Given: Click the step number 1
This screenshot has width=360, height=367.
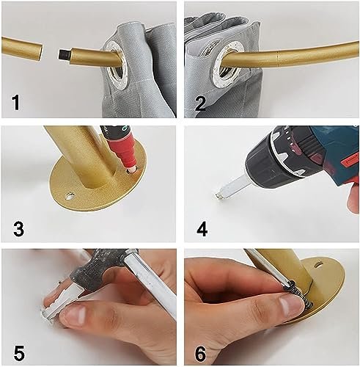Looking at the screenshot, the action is point(16,103).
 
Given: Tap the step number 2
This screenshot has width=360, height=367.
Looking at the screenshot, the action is point(200,103).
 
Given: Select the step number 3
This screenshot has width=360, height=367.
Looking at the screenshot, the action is point(18,229).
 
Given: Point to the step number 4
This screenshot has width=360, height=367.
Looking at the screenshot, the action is point(202,229).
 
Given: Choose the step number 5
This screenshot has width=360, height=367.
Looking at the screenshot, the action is point(19,353).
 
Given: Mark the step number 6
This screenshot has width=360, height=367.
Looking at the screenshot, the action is point(201,353).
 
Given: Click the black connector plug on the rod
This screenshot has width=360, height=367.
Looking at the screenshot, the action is point(64,54).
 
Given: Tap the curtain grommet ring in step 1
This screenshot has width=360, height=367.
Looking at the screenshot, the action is point(114,60).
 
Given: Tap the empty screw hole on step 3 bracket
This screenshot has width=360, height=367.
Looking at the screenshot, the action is point(70,196).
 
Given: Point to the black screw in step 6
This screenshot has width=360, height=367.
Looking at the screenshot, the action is point(298,294).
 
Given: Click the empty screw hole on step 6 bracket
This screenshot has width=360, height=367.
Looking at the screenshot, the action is point(318,264).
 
